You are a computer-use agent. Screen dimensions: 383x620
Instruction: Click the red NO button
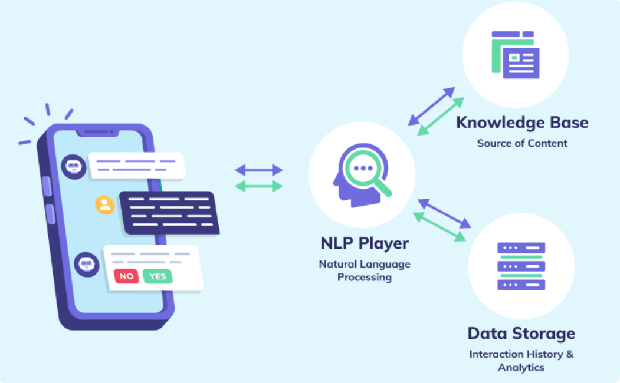tap(126, 276)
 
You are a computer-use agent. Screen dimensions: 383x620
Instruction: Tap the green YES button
tap(158, 276)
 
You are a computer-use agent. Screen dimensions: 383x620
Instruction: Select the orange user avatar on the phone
tap(105, 204)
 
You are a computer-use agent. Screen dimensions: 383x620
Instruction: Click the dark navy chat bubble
tap(169, 212)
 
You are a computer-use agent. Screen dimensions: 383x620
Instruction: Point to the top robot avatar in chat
tap(74, 167)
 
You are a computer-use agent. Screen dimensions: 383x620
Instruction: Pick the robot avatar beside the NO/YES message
tap(87, 264)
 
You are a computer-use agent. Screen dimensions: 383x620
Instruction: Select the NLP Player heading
tap(365, 243)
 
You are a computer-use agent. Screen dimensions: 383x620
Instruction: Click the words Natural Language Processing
tap(365, 270)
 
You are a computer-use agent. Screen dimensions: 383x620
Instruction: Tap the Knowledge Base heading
tap(522, 123)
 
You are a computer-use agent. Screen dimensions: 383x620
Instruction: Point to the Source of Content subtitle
tap(522, 143)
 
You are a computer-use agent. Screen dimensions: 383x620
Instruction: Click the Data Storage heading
tap(521, 334)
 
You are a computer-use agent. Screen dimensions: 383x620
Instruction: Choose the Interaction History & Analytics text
tap(521, 361)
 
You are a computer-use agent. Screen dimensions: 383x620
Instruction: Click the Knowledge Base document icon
tap(515, 54)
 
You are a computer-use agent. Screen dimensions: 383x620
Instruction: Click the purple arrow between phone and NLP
tap(259, 170)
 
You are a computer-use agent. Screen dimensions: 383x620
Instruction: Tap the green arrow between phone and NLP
tap(259, 186)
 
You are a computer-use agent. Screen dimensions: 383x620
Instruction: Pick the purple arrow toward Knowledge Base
tap(432, 106)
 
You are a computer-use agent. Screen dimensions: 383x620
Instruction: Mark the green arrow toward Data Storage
tap(439, 227)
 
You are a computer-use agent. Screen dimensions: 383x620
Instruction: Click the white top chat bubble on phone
tap(136, 166)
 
